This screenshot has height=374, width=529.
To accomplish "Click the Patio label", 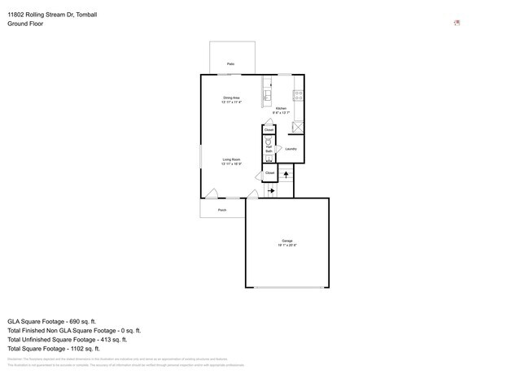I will point(231,63).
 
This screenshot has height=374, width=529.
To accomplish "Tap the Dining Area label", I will point(231,98).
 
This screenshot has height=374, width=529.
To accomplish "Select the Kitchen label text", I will point(281,108).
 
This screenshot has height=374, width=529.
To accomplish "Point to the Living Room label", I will point(231,159).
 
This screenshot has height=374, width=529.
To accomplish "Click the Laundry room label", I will point(291,149).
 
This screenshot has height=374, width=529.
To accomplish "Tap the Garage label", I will point(287,241).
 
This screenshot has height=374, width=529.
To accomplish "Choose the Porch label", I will point(221,210).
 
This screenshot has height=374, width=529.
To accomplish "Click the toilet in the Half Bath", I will point(269,141).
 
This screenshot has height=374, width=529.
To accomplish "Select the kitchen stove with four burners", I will point(298,95).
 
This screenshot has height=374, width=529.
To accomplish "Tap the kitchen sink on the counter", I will point(267,95).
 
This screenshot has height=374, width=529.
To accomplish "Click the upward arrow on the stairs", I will point(286,173).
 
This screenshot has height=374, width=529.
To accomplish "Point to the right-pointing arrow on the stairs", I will point(271,191).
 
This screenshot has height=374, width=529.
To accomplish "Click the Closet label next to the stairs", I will point(269,172).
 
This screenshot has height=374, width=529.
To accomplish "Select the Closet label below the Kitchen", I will point(269,129).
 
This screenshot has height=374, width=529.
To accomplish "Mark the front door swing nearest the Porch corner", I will point(211,194).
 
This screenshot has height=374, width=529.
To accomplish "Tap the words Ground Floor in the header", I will point(25,24).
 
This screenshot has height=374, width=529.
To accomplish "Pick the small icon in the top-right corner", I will point(457,23).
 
